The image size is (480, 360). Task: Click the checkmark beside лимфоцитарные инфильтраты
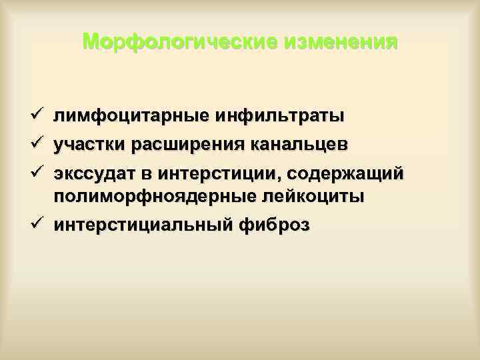[x=37, y=115]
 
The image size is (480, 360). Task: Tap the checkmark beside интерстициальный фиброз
[x=37, y=225]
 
